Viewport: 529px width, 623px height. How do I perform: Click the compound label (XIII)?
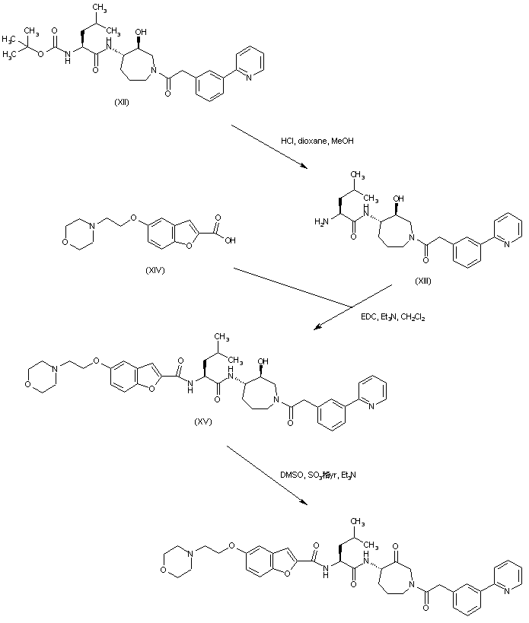point(424,281)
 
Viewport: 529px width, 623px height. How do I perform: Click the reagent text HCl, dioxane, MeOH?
point(317,140)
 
